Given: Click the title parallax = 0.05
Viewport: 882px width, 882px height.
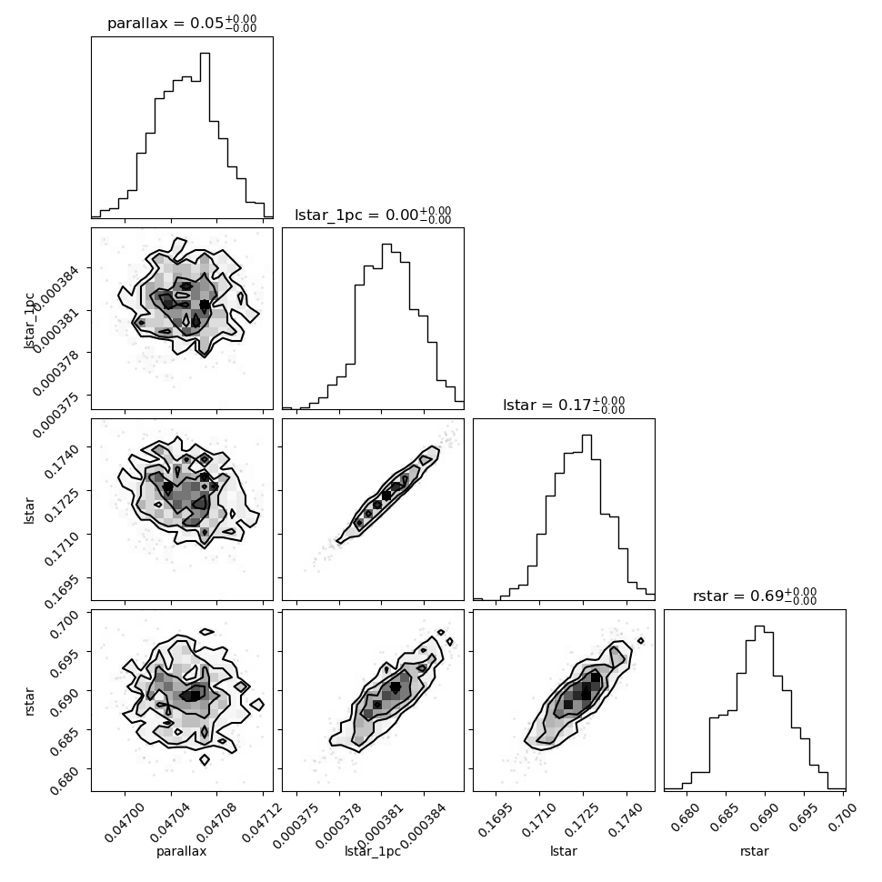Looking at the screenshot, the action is [x=182, y=23].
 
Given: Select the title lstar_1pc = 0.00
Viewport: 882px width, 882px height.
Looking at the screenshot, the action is [x=373, y=215].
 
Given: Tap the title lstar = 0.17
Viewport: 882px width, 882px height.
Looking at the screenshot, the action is [x=564, y=405].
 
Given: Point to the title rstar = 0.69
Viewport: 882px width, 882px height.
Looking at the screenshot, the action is [x=755, y=596].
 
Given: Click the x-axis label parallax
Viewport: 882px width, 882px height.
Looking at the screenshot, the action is [x=182, y=851].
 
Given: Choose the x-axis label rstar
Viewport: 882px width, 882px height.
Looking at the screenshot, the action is [x=755, y=851].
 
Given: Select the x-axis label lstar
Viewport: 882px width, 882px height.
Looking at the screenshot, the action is [x=564, y=851].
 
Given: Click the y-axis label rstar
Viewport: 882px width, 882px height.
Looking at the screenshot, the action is [x=29, y=701].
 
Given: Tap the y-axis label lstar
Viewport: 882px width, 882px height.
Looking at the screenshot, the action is [x=29, y=510].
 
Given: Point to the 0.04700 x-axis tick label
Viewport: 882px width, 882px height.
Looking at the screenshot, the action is [x=125, y=822].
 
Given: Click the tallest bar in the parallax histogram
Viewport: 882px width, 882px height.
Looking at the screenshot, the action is [x=205, y=135].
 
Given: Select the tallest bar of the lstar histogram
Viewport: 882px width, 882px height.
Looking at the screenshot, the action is [x=586, y=517].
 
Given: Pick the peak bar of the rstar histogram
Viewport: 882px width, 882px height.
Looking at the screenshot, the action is [x=759, y=707].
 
